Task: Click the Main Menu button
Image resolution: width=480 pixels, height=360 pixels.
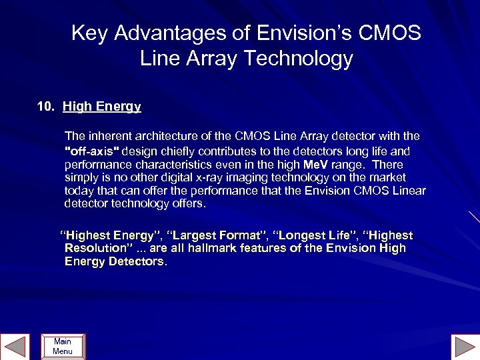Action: tap(63, 346)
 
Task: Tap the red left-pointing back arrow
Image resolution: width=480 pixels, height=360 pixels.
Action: tap(15, 347)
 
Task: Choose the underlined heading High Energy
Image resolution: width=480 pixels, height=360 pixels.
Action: tap(102, 107)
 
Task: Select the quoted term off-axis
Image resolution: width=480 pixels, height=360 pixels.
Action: tap(92, 151)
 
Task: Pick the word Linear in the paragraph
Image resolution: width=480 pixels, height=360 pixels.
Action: tap(407, 191)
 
